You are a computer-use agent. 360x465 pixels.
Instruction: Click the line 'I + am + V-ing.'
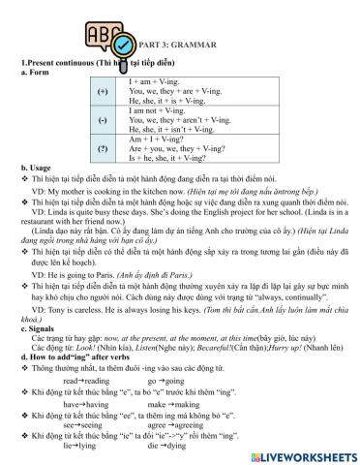pos(154,81)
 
